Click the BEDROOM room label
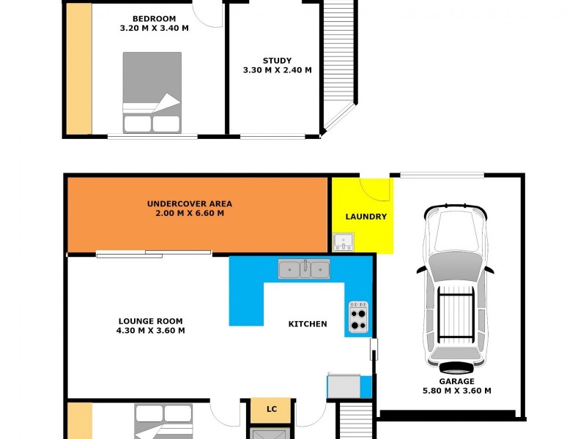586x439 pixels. click(154, 19)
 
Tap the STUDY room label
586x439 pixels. click(277, 61)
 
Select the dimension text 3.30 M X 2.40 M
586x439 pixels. click(277, 70)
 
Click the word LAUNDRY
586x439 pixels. click(366, 217)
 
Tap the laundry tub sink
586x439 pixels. click(343, 241)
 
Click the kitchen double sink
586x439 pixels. click(304, 269)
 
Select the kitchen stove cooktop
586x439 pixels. click(358, 316)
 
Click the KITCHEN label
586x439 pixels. click(308, 323)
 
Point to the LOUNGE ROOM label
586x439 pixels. click(151, 320)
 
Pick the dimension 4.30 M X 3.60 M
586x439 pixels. click(151, 331)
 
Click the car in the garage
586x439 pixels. click(455, 285)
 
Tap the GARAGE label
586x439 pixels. click(456, 381)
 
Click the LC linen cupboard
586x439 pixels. click(271, 409)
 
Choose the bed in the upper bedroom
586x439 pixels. click(152, 92)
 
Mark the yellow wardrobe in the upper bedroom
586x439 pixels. click(78, 69)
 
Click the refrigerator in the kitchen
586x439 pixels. click(344, 386)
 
